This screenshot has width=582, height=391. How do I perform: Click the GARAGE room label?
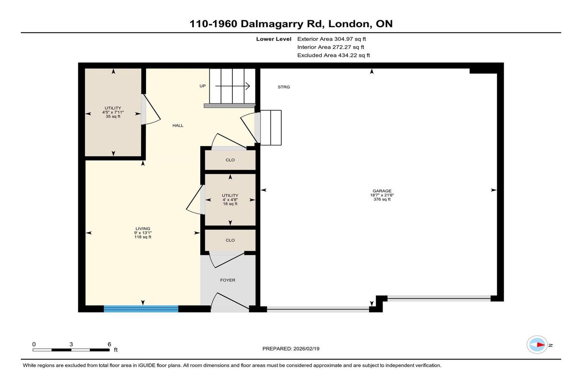(x=382, y=191)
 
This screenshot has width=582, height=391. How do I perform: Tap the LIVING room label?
(x=143, y=229)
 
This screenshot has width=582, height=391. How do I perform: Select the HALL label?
(x=178, y=125)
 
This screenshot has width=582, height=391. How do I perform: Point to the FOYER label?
(x=227, y=280)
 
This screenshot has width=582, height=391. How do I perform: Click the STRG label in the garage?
(x=284, y=87)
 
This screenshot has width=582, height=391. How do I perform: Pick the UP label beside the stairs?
(x=202, y=86)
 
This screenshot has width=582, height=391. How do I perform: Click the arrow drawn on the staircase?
(x=232, y=86)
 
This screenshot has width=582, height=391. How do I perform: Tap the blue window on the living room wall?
(x=141, y=309)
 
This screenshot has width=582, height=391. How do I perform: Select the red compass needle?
(x=541, y=345)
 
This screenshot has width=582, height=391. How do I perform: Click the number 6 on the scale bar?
(x=110, y=344)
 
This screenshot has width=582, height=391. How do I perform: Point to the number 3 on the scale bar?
(x=71, y=344)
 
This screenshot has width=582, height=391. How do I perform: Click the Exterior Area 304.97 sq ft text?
(x=332, y=39)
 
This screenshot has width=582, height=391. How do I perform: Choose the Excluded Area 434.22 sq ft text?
(x=334, y=55)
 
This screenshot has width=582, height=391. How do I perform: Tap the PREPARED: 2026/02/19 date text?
(x=291, y=349)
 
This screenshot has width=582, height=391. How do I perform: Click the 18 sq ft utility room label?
(x=230, y=204)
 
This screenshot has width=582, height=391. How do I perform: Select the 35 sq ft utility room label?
(x=113, y=116)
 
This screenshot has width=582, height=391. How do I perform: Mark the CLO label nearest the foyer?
(x=230, y=240)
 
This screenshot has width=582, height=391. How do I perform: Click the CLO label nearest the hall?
(x=230, y=160)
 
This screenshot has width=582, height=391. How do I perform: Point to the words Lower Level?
(x=274, y=39)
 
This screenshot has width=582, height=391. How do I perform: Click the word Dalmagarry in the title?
(x=272, y=24)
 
